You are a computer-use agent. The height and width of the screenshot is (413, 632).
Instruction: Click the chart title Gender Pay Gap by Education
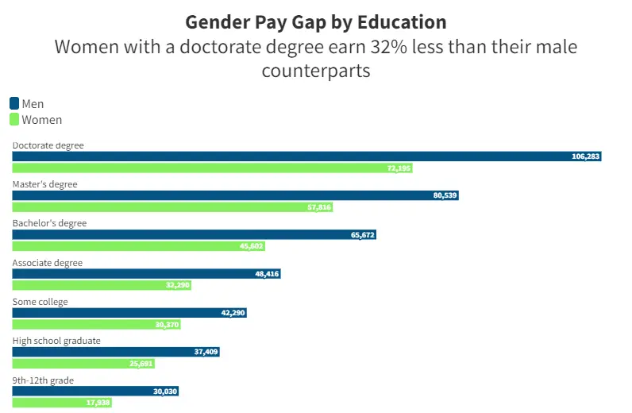pyautogui.click(x=315, y=21)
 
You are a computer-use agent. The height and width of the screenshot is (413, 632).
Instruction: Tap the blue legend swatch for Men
pyautogui.click(x=14, y=103)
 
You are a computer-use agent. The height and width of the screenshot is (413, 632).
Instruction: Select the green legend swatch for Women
pyautogui.click(x=14, y=120)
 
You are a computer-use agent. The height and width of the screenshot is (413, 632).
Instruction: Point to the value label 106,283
pyautogui.click(x=586, y=156)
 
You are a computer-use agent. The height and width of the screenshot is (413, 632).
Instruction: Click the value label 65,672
pyautogui.click(x=362, y=235)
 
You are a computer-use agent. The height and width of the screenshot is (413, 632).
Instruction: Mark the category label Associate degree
pyautogui.click(x=48, y=263)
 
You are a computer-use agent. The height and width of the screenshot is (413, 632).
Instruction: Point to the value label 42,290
pyautogui.click(x=233, y=313)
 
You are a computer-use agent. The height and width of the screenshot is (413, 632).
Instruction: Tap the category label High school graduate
pyautogui.click(x=56, y=341)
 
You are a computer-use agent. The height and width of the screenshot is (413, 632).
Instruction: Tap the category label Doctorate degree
pyautogui.click(x=48, y=145)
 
